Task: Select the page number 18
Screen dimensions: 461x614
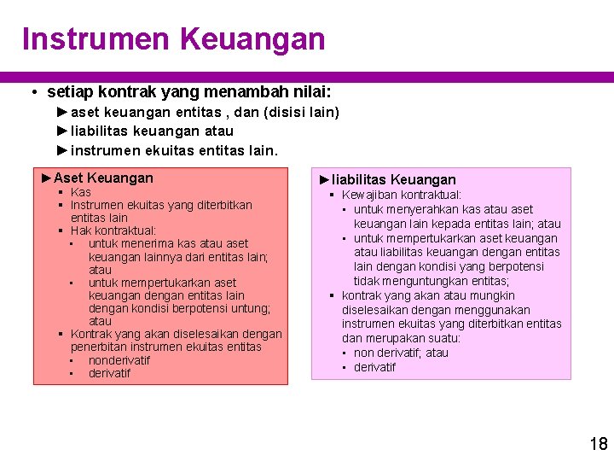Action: pos(599,443)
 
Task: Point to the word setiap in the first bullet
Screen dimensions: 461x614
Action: pos(71,91)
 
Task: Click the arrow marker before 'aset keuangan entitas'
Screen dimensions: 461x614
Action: pos(62,112)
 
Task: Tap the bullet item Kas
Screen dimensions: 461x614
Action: pos(81,192)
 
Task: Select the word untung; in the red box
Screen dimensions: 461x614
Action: pos(246,308)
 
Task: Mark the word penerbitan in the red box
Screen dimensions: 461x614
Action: pos(98,347)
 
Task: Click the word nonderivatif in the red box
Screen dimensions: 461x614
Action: pos(119,360)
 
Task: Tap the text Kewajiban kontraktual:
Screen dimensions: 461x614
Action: pos(402,195)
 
